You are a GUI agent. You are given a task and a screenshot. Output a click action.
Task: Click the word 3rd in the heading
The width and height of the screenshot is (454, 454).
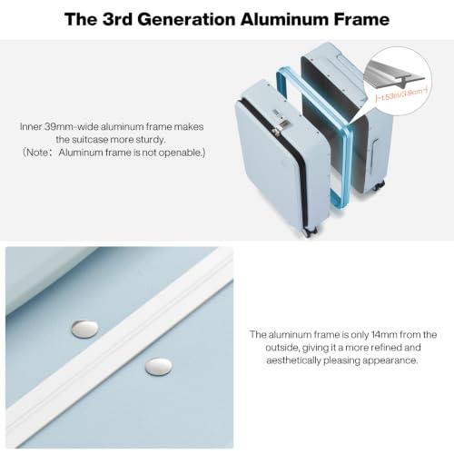click(x=118, y=19)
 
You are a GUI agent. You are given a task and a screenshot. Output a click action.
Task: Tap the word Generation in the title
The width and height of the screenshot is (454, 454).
click(x=187, y=19)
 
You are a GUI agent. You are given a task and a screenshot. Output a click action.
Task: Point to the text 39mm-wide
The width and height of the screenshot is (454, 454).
click(x=71, y=126)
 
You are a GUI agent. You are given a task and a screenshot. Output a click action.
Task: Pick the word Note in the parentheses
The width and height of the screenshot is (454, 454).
click(x=37, y=153)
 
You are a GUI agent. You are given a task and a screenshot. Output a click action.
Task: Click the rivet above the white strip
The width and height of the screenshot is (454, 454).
click(x=84, y=330)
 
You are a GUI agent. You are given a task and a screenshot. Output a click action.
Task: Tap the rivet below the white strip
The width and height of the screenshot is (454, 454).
click(x=158, y=367)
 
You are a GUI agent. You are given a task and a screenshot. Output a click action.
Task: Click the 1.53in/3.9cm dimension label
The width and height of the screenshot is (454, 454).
click(x=401, y=94)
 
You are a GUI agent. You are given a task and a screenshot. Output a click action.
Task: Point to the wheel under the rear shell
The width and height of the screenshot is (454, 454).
click(x=379, y=185)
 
